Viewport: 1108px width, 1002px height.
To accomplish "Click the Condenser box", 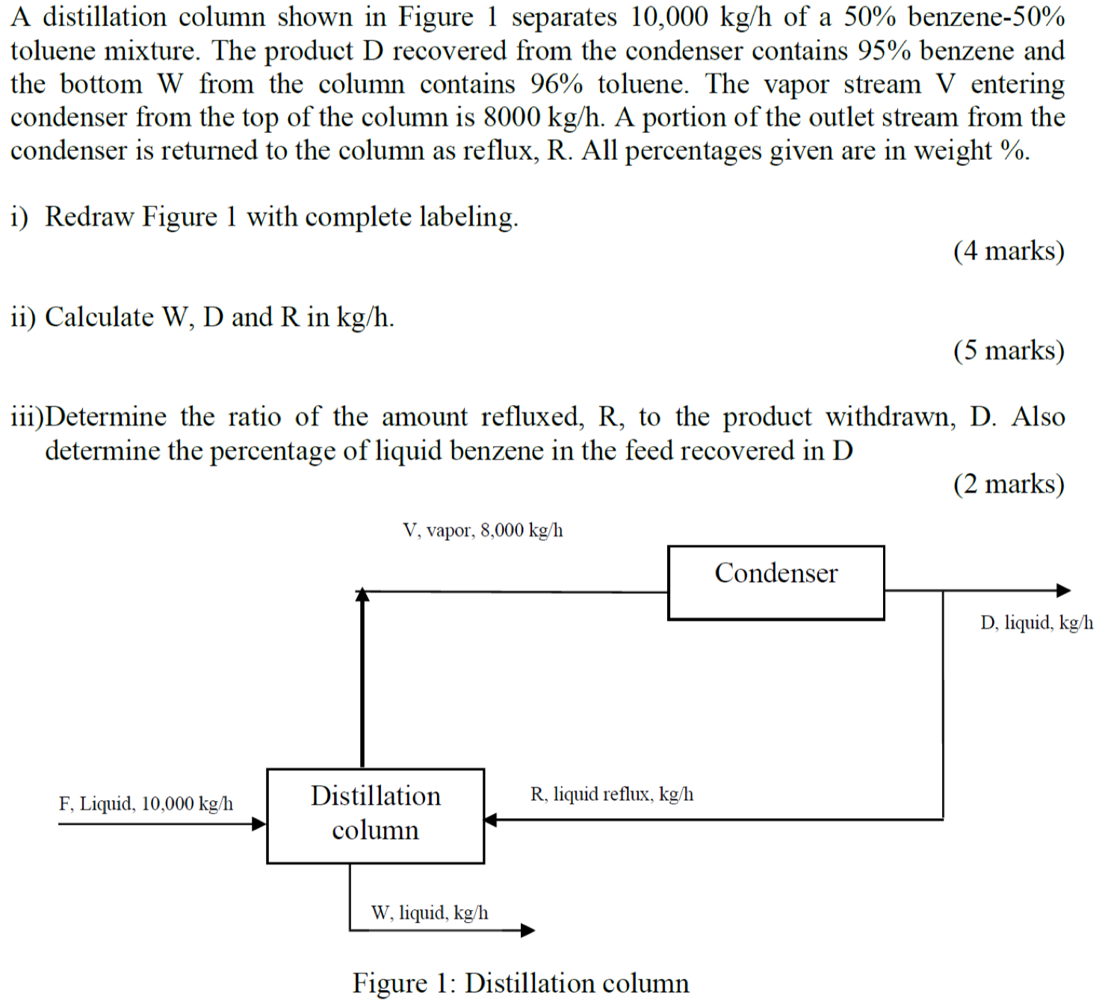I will (776, 583).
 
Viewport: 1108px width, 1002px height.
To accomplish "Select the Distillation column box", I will (375, 815).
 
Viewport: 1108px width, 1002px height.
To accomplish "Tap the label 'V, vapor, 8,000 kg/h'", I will (483, 531).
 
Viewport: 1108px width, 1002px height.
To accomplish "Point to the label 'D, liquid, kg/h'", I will (1036, 622).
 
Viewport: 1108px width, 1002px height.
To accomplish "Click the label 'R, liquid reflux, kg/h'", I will (611, 794).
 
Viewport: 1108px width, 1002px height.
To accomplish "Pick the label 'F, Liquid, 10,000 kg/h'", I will (146, 803).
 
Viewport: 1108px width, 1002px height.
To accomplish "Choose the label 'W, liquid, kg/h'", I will (430, 912).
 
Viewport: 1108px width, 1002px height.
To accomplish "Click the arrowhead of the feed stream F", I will (259, 823).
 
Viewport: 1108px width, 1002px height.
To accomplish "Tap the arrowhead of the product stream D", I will (1063, 590).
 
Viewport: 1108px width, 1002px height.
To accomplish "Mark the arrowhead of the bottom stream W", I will (527, 930).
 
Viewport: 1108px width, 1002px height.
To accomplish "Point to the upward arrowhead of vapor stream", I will (362, 595).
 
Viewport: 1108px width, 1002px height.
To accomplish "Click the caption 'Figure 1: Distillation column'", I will (521, 983).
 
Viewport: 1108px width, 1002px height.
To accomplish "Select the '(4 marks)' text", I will (1008, 250).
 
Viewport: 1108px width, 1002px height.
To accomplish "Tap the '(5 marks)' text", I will (1008, 350).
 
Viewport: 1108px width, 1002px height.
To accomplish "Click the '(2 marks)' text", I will (1008, 483).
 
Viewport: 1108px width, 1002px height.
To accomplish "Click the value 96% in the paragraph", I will (556, 84).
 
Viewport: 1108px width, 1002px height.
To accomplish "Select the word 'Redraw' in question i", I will (90, 217).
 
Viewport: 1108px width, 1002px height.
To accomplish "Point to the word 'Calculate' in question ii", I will (99, 317).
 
